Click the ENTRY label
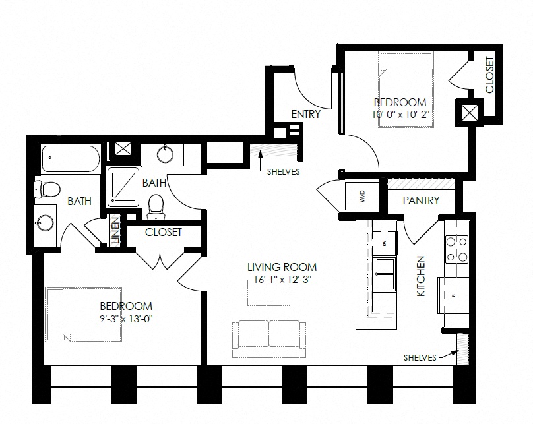(305, 114)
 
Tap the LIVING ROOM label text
(282, 267)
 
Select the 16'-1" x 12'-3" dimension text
(282, 278)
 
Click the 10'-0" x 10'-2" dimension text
(400, 114)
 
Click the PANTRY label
(420, 200)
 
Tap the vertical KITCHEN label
(421, 275)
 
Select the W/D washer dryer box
(361, 196)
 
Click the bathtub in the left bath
(70, 159)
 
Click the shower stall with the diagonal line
(123, 184)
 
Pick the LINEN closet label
(115, 231)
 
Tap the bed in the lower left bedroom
(84, 314)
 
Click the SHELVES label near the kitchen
(420, 357)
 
